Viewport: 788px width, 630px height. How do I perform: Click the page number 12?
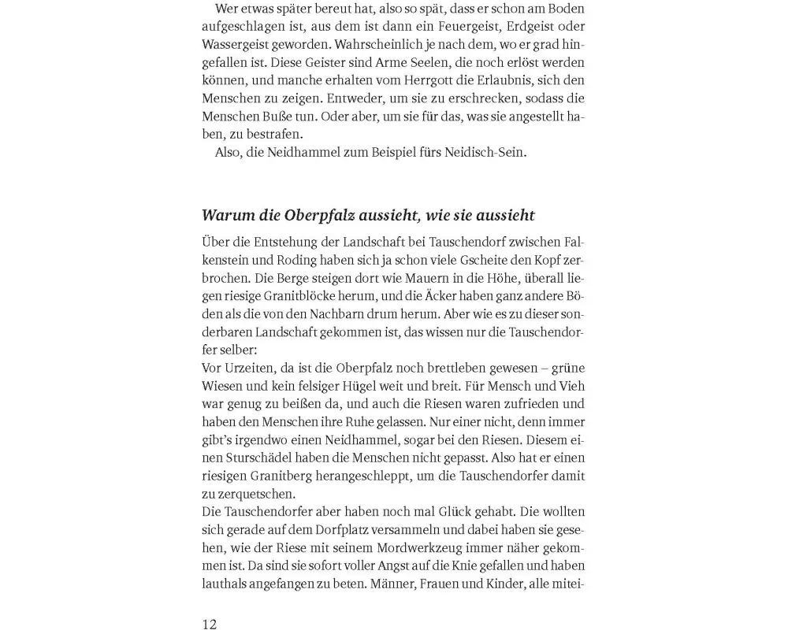(x=209, y=624)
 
